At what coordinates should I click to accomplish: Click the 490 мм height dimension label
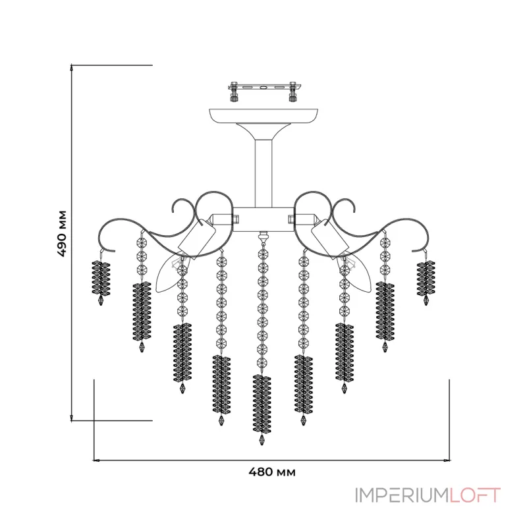pos(63,234)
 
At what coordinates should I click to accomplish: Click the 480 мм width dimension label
pos(272,472)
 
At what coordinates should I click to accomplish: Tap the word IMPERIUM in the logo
pos(402,495)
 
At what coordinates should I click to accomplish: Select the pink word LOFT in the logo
pos(476,495)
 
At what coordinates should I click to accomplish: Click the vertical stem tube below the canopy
pos(263,174)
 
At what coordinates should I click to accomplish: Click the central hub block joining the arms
pos(263,219)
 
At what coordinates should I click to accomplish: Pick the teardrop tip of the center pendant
pos(262,439)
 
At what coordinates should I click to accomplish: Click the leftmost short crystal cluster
pos(101,278)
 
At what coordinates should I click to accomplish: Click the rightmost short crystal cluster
pos(426,278)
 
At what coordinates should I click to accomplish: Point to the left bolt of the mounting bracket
pos(234,92)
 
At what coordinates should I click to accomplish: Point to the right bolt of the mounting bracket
pos(293,92)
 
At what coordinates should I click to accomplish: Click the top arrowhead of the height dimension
pos(71,67)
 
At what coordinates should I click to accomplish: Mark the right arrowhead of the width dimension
pos(447,460)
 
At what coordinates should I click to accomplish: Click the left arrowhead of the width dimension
pos(96,460)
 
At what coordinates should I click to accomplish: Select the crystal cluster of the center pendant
pos(262,404)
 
